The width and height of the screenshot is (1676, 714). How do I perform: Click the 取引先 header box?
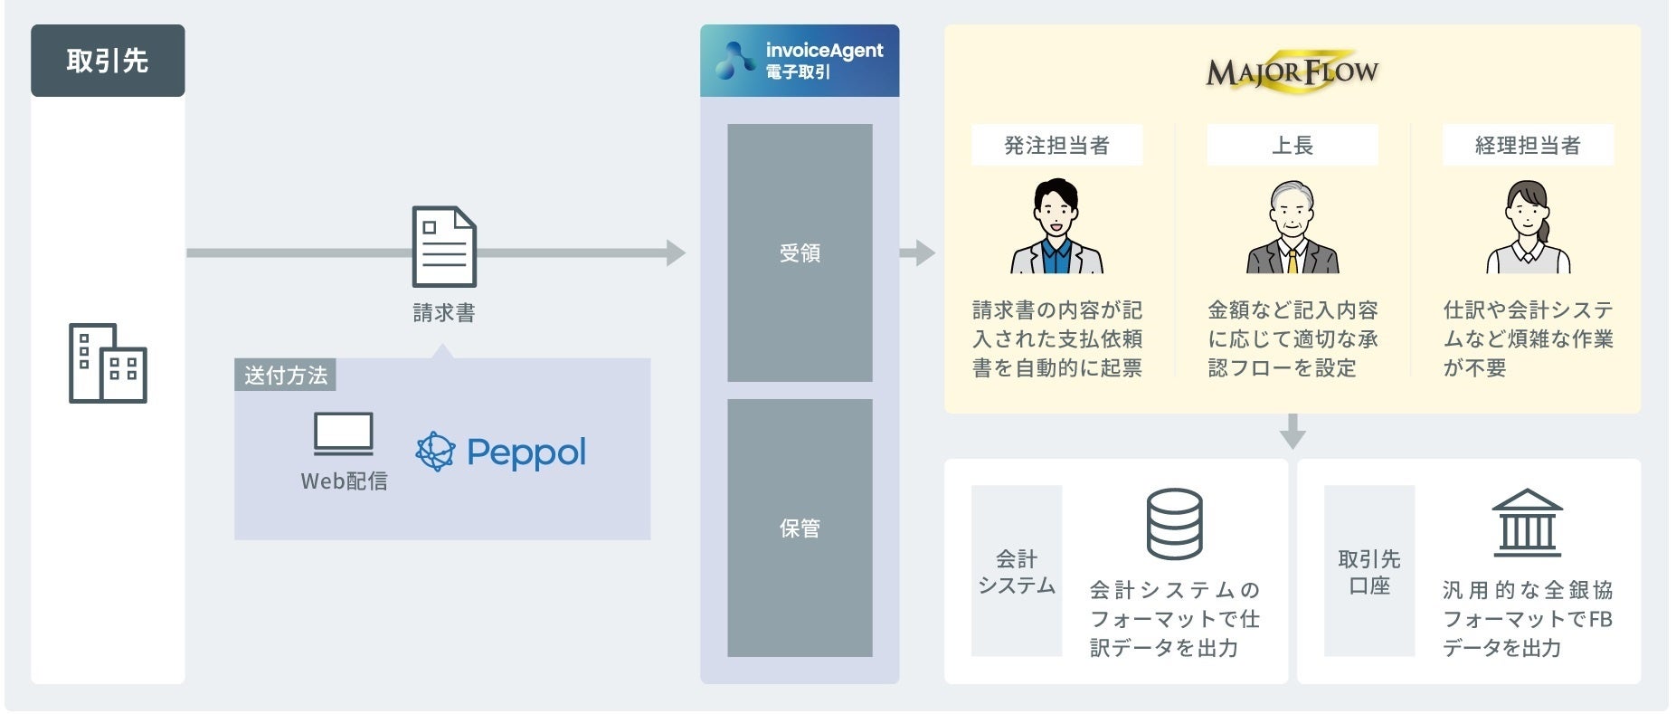108,61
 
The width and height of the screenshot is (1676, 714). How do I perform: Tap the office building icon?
108,363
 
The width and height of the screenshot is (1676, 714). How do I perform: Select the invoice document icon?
443,246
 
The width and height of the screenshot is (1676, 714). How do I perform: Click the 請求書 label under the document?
443,313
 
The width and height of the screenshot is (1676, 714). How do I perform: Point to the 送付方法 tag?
285,375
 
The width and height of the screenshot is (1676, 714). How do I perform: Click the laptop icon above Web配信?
343,433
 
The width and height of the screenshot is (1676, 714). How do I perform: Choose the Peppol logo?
501,452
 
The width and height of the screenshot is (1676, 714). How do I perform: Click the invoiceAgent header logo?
800,61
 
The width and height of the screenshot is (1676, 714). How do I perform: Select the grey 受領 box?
800,252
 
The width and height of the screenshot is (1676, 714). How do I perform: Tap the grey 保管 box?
800,528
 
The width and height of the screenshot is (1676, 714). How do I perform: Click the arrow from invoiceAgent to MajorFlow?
917,252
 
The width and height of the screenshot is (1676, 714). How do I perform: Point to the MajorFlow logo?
1292,71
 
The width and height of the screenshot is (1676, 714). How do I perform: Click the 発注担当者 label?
1056,145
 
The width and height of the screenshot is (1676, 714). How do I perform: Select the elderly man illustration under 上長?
1292,227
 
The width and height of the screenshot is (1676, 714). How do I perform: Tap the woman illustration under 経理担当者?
1528,227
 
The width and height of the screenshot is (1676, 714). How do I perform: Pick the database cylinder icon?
1174,524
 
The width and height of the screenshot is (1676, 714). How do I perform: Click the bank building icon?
1527,523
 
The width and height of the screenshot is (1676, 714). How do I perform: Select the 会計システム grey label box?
1017,571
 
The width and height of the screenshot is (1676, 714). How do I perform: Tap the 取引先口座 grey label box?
1369,571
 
